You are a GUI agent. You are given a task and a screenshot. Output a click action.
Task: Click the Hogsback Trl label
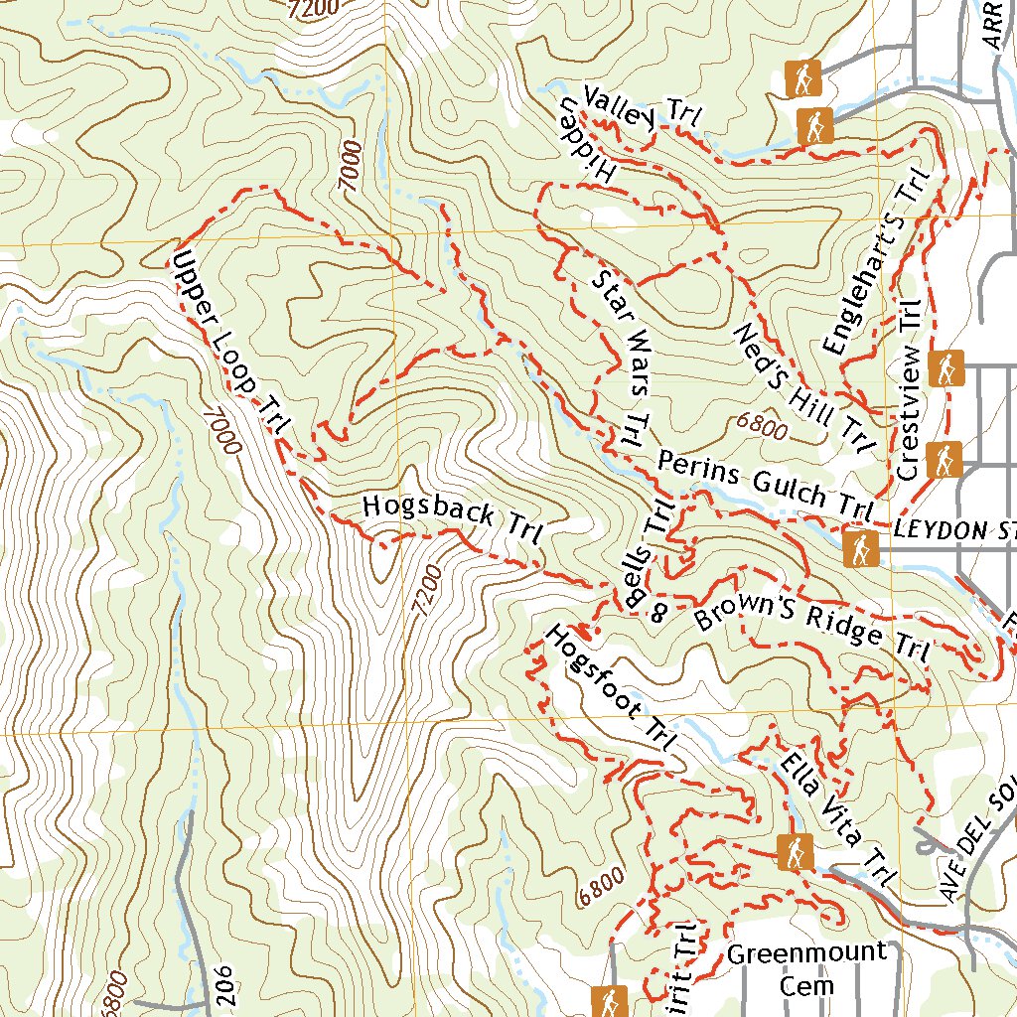click(452, 519)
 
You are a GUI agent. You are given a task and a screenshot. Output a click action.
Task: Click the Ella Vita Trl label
click(835, 820)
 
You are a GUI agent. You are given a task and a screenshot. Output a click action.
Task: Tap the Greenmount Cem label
click(805, 969)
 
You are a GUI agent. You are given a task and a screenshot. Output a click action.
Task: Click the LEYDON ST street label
click(953, 531)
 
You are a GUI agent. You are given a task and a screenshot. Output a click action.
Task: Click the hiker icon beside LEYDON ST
click(860, 548)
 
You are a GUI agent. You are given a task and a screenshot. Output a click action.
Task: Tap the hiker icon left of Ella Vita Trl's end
click(796, 850)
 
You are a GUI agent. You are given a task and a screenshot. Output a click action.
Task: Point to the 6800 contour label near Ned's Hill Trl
click(763, 425)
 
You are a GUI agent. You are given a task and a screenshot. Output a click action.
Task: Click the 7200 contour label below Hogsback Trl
click(424, 592)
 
